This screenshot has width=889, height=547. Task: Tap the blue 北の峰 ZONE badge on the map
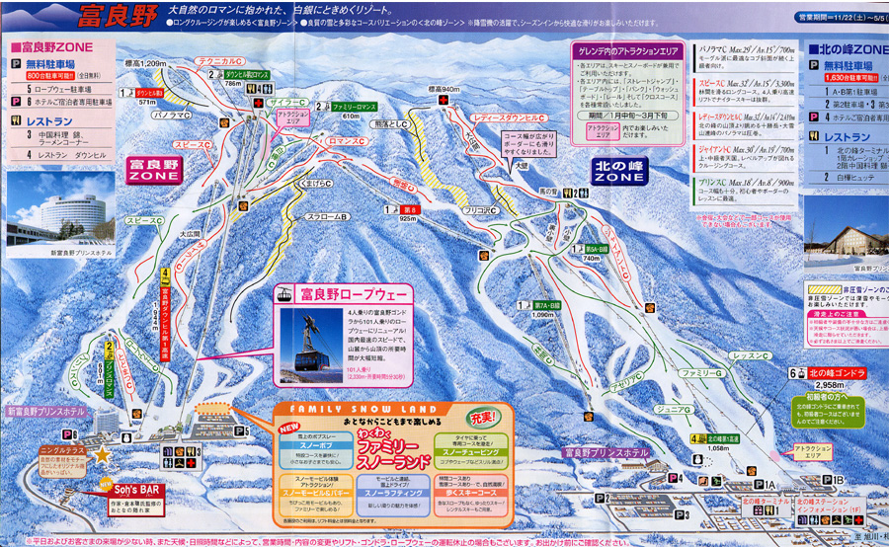[x=619, y=171]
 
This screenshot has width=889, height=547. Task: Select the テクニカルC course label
[x=220, y=62]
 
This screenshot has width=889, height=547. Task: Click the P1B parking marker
[x=837, y=481]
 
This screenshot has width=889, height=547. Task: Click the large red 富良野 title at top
[x=118, y=18]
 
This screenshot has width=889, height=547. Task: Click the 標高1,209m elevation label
[x=146, y=63]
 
